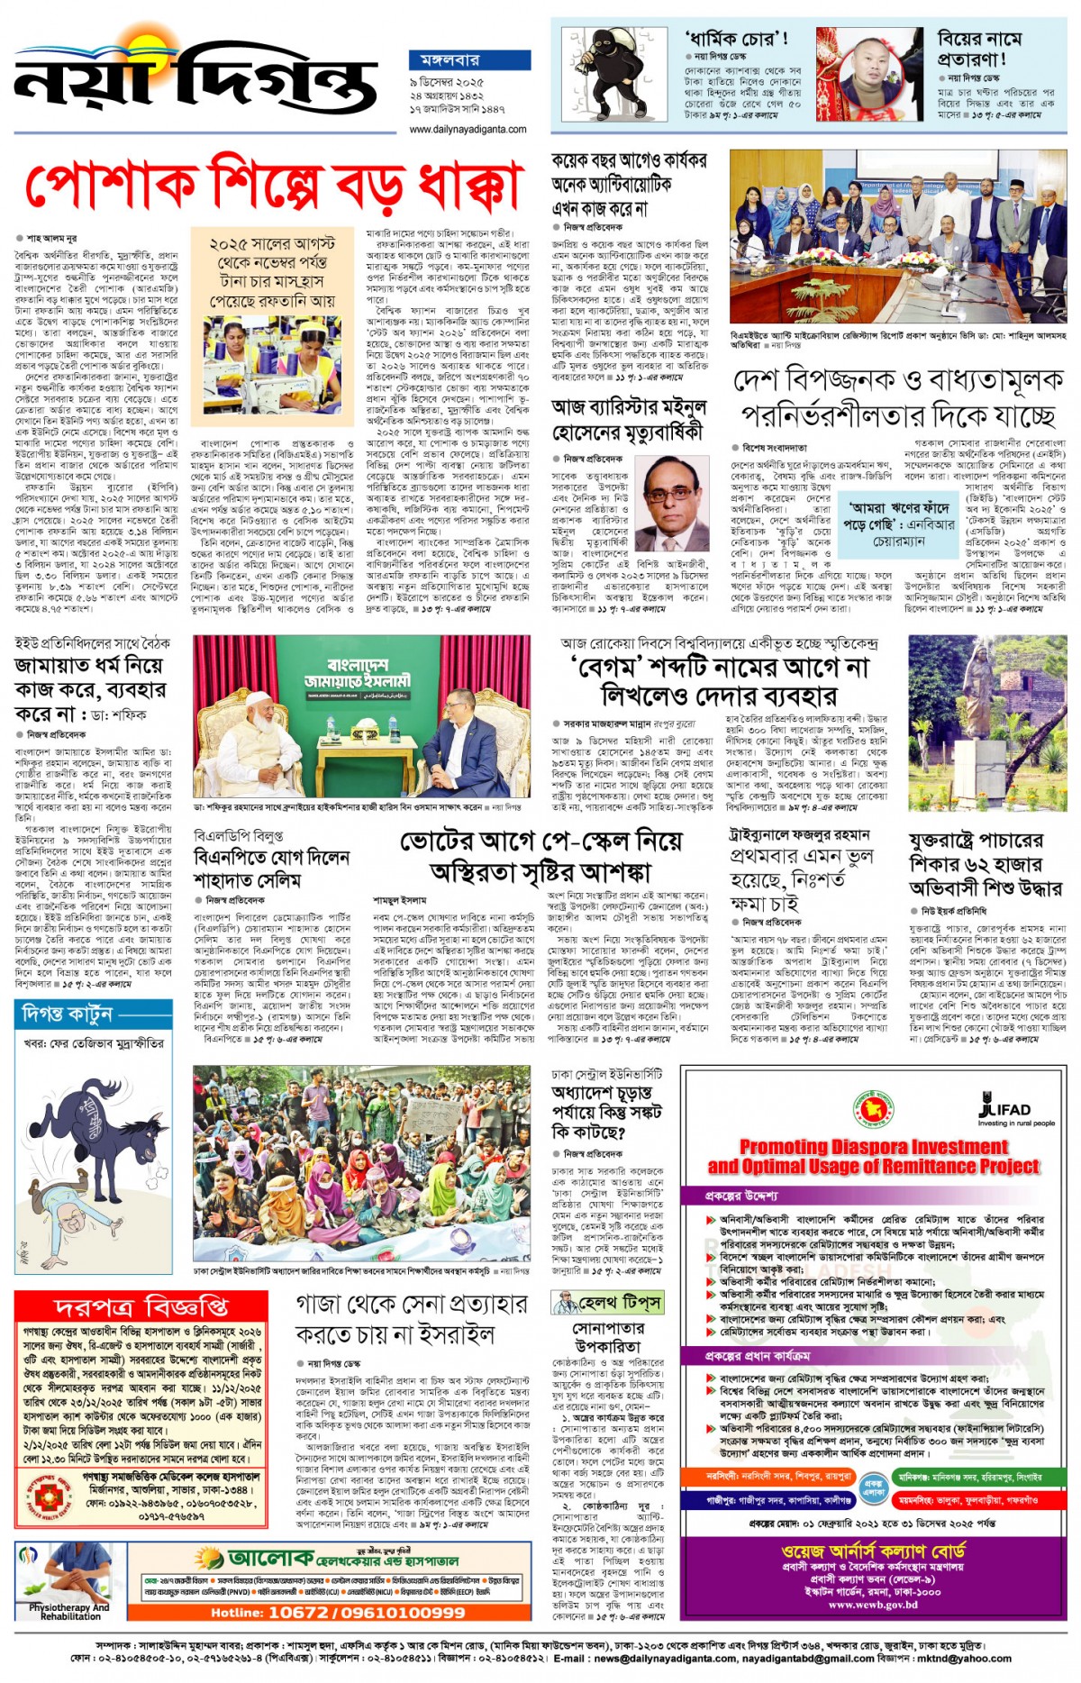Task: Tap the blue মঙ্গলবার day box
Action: [x=451, y=60]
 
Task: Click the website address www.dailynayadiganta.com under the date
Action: [x=468, y=130]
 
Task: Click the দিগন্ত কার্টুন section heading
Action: [x=68, y=1014]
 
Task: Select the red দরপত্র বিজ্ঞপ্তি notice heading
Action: [x=141, y=1305]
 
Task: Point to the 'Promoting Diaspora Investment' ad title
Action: [x=873, y=1156]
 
